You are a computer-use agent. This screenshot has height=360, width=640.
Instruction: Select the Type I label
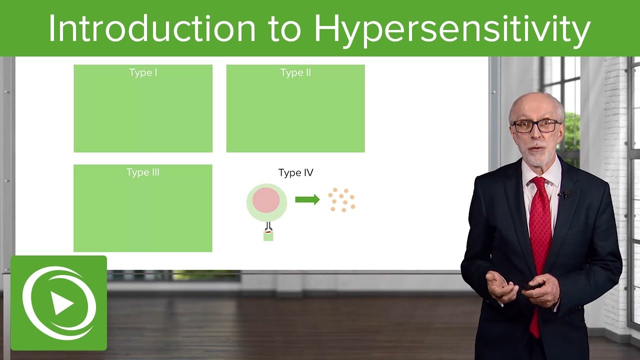(143, 73)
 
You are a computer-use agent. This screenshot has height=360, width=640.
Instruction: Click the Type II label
(295, 73)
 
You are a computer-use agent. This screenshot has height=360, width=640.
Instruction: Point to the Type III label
(143, 172)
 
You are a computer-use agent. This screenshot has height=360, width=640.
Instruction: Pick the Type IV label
(295, 173)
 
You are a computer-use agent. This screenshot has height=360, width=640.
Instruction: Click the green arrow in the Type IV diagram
(307, 200)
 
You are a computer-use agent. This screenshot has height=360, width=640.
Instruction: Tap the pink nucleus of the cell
(266, 200)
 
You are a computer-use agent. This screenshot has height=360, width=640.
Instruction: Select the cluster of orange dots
(342, 200)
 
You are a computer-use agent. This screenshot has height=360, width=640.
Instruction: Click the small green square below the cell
(268, 235)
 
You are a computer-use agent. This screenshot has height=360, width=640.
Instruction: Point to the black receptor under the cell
(268, 226)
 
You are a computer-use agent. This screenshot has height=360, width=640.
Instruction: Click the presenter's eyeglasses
(535, 126)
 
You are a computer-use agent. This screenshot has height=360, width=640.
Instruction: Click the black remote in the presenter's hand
(530, 286)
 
